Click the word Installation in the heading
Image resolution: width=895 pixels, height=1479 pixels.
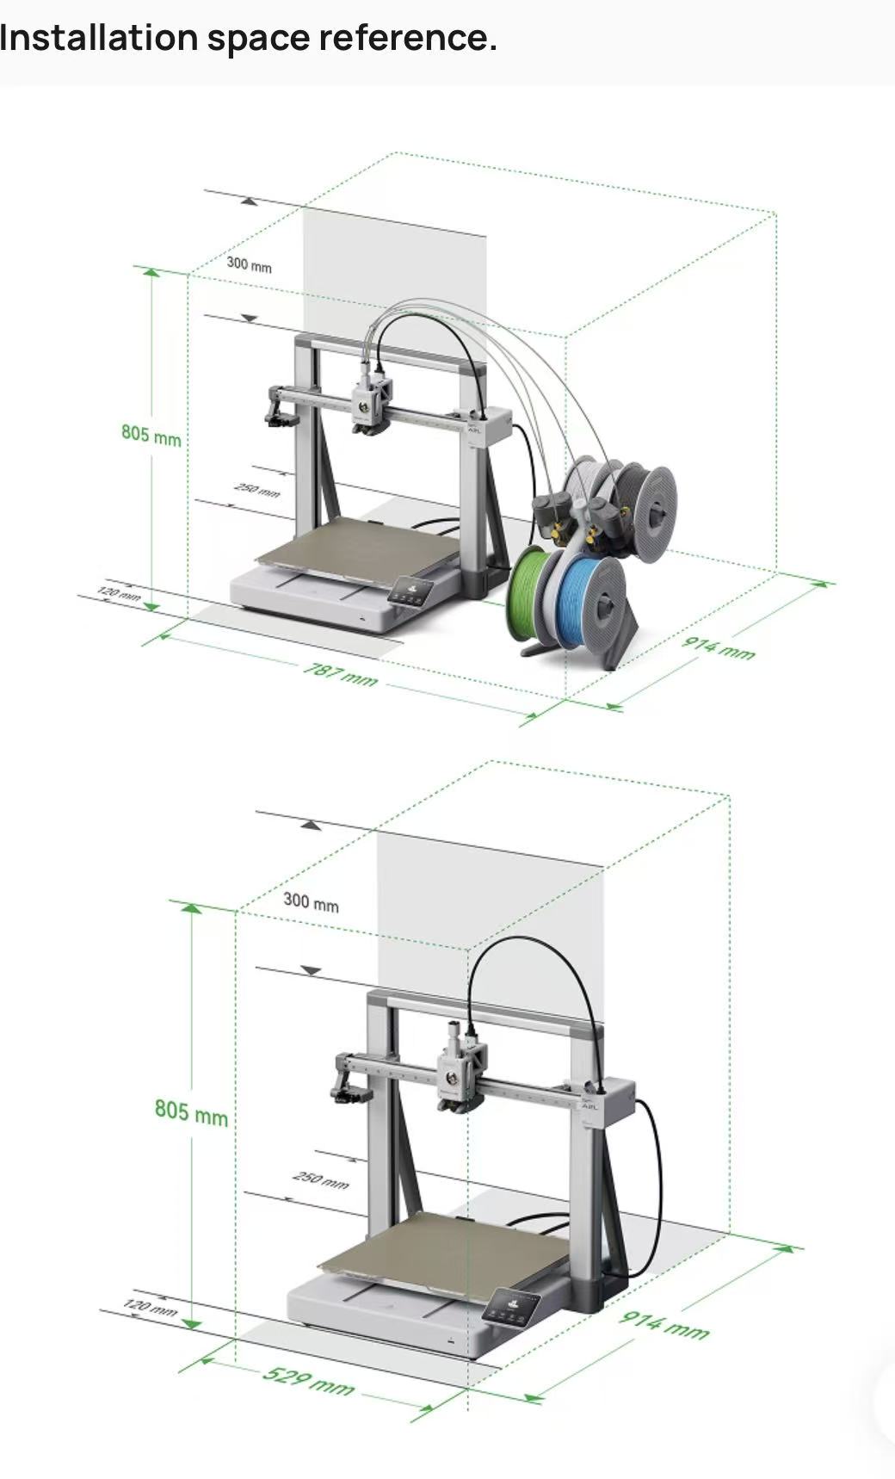coord(99,37)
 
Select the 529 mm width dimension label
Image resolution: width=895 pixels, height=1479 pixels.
coord(308,1379)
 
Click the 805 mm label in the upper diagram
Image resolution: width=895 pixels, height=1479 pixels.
coord(151,434)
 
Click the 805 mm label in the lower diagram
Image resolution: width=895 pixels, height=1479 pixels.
coord(191,1112)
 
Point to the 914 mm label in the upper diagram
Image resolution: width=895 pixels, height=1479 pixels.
coord(719,647)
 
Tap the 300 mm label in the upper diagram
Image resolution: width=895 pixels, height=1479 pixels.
coord(250,264)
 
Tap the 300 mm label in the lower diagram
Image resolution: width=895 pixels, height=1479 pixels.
coord(312,902)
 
